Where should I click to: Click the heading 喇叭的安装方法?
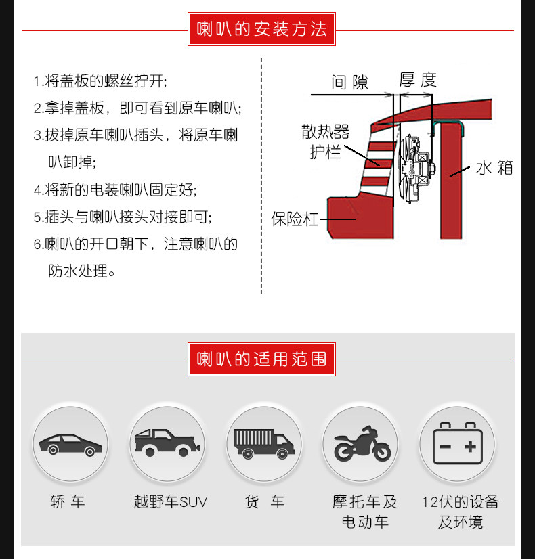[261, 29]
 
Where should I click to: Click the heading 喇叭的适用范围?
[261, 359]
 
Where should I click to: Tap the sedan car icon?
[70, 445]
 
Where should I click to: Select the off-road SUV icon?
[167, 443]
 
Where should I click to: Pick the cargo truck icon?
[264, 443]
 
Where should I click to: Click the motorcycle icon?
[362, 444]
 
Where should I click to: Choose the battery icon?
[458, 443]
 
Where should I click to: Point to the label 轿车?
[68, 502]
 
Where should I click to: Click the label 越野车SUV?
[170, 502]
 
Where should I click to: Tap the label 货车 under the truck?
[264, 502]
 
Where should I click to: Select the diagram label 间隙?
[349, 83]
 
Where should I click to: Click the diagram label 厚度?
[418, 79]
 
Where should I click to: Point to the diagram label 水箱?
[494, 168]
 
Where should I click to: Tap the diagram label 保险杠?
[295, 219]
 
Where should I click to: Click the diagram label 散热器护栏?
[325, 141]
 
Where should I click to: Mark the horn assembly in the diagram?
[416, 169]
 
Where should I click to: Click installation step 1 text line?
[100, 81]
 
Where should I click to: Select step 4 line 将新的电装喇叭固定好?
[115, 189]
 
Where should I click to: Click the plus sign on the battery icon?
[470, 447]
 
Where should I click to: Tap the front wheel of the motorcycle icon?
[382, 451]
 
